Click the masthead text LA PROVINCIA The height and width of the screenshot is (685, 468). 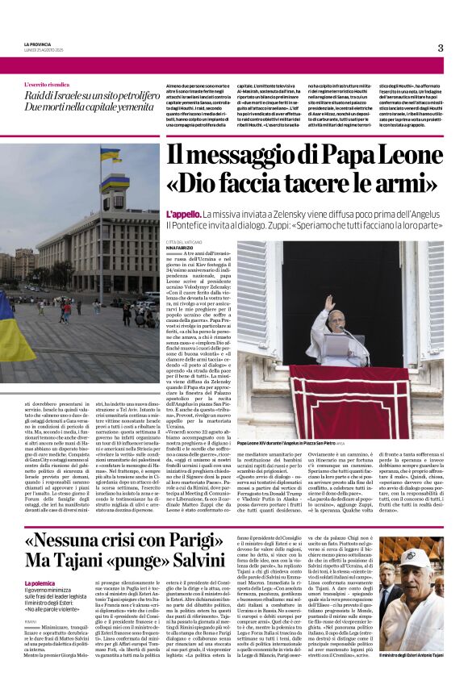[x=38, y=44]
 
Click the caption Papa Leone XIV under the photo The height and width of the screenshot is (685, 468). [x=257, y=443]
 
